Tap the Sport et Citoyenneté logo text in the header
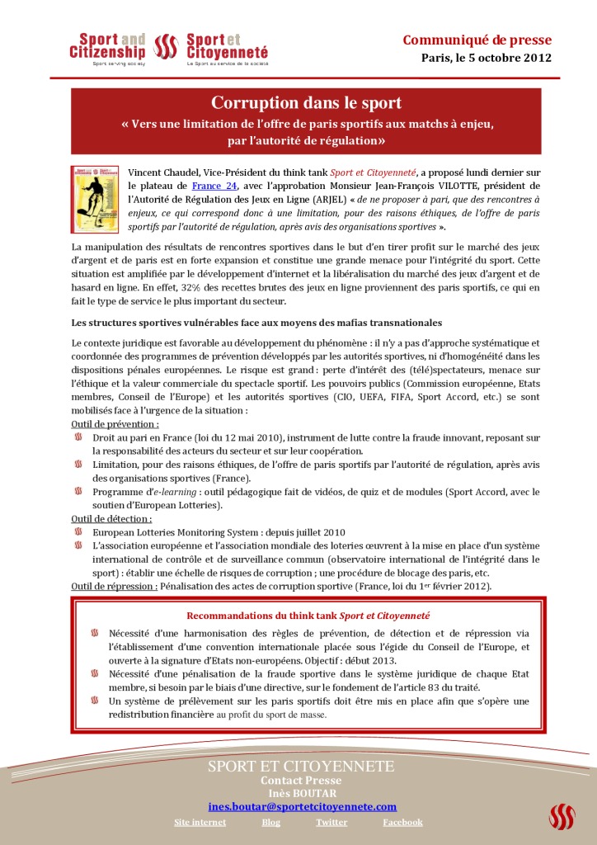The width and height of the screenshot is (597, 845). point(226,46)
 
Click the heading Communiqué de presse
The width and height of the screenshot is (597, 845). point(477,40)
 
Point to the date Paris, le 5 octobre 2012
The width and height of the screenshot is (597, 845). point(487,59)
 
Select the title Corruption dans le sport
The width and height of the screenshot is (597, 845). point(306,103)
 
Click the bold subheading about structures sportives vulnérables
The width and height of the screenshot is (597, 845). point(256,322)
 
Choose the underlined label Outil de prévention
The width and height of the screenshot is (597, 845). point(115,424)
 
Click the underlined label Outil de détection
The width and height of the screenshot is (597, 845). point(111,519)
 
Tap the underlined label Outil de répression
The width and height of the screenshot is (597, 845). point(114,586)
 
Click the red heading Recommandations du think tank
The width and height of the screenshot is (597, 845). point(308,616)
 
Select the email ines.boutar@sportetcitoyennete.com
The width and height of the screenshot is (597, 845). point(302,806)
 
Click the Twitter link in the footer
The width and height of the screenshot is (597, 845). point(331,823)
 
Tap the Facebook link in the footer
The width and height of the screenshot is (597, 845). point(402,823)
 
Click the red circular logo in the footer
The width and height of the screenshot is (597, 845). point(562,816)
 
